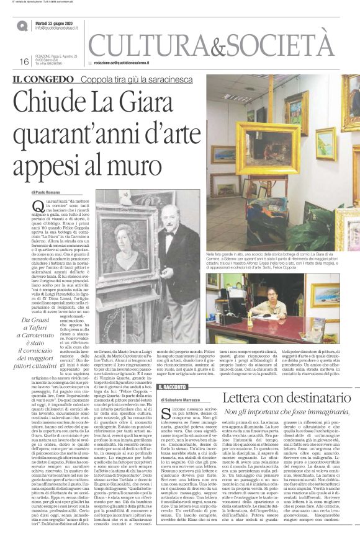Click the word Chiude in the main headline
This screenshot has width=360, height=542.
click(58, 100)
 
